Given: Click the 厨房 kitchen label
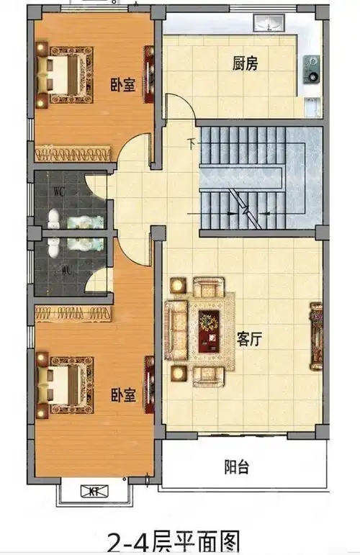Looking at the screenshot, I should tap(246, 64).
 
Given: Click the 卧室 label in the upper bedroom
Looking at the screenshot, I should tap(123, 84).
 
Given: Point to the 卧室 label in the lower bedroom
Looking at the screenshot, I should tap(123, 394).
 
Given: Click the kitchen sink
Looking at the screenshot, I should tap(268, 22).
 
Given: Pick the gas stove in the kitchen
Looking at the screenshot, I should tap(312, 69).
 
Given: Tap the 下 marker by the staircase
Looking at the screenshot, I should tap(191, 142).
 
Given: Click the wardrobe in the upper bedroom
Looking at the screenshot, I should tap(74, 153).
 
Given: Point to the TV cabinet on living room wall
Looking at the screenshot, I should tap(315, 335).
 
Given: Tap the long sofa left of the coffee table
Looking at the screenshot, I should tap(175, 330).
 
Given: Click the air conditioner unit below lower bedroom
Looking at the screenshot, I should tap(93, 492).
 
